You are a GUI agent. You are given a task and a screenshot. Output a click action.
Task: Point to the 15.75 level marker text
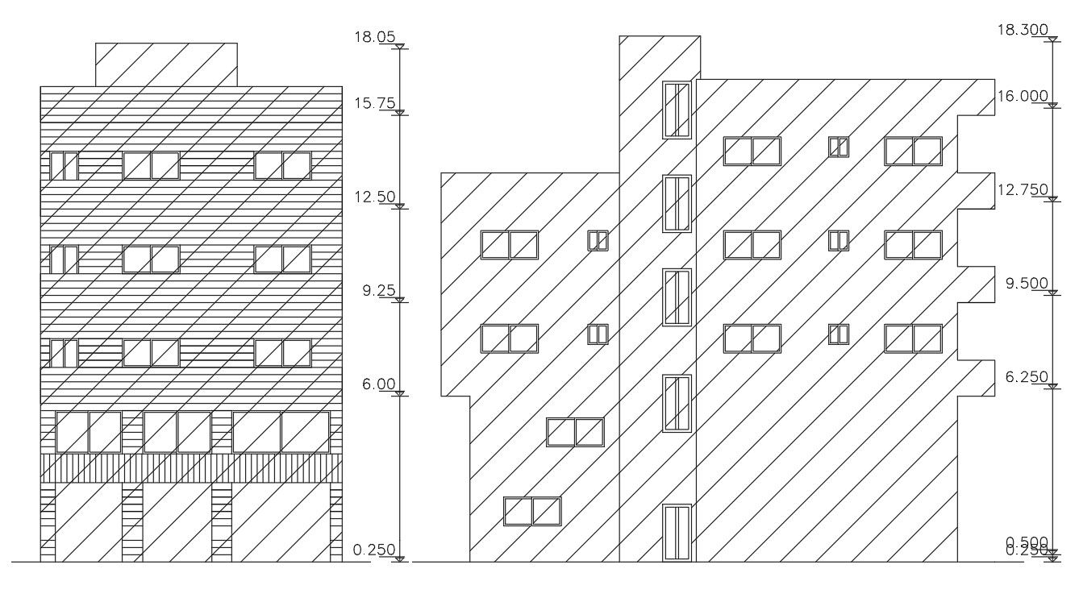374,103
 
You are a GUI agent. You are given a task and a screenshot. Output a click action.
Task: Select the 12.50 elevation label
374,197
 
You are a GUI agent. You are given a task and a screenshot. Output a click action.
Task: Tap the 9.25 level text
378,291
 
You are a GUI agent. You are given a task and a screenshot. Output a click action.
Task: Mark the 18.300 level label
1023,30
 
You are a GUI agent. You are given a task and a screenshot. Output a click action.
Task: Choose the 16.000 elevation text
1023,96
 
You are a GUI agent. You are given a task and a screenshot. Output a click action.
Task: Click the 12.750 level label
1023,189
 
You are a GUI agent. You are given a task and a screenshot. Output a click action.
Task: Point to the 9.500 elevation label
1024,284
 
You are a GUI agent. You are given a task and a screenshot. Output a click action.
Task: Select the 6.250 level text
1024,377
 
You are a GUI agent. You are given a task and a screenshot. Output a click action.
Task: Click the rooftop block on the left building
166,64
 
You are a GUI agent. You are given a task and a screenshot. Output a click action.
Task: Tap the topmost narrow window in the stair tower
677,110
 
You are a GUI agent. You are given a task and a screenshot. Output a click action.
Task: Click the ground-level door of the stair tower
677,532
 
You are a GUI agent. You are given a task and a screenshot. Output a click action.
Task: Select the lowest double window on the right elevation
532,511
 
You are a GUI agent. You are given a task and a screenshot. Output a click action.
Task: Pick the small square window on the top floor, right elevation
839,147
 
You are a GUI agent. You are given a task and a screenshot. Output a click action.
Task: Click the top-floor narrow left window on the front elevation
64,166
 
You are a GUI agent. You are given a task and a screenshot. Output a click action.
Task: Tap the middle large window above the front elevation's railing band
177,432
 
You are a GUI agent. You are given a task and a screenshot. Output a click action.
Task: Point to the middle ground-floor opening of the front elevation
177,522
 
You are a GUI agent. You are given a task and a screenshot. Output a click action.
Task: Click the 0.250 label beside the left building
374,550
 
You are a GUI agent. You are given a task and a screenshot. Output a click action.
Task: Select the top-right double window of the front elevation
282,166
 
